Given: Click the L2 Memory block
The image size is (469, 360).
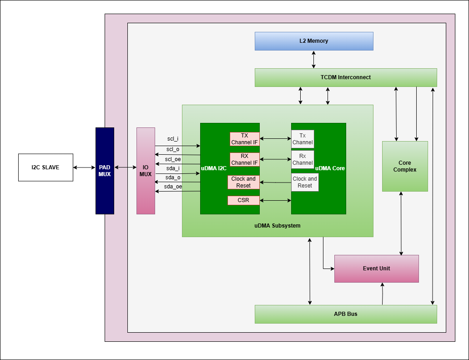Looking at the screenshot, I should (314, 41).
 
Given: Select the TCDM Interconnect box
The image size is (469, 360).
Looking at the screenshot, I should (346, 77).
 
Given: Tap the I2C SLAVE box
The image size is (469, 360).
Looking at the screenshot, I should (45, 167).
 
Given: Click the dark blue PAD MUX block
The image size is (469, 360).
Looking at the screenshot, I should (105, 171).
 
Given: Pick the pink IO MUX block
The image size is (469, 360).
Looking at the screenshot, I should (146, 171).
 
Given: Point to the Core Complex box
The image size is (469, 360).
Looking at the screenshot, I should (405, 166).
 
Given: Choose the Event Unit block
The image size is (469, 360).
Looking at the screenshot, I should (376, 269).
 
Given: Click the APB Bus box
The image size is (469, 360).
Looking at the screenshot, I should (346, 314).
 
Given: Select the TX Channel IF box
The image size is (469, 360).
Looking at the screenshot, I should (244, 139).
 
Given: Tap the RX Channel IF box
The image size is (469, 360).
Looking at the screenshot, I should (244, 159).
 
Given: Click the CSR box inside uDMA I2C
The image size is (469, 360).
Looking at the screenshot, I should (243, 200).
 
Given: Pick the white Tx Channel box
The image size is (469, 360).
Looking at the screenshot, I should (303, 139).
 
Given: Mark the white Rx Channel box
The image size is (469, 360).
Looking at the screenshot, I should (303, 159).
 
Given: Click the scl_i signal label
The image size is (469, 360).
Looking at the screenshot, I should (173, 138).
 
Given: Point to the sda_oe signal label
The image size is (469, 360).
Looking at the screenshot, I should (173, 186).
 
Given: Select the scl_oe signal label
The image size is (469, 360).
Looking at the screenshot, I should (173, 159).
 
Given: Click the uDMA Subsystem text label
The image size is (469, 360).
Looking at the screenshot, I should (277, 226).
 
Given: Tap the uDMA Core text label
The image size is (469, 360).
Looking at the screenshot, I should (330, 168).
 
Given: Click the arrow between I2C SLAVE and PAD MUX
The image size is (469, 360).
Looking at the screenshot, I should (84, 167).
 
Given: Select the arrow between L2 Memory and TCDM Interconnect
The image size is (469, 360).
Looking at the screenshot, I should (314, 59).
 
